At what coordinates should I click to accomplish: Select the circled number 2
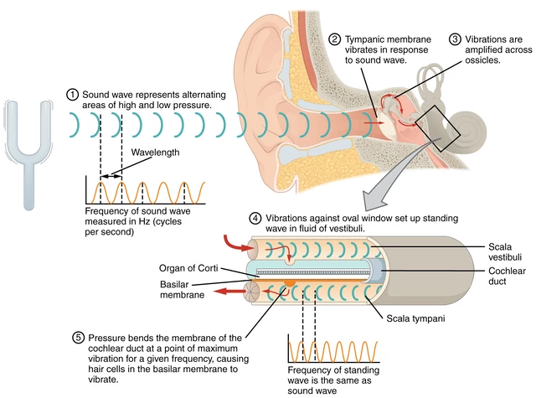335,39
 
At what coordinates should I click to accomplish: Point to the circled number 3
455,39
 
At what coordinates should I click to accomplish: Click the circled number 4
255,218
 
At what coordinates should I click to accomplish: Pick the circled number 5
78,338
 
